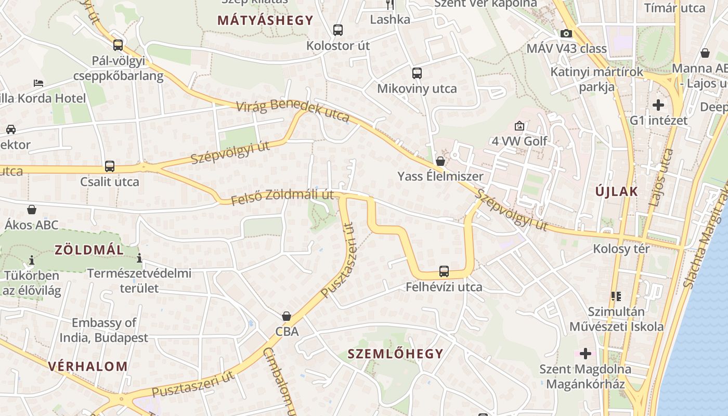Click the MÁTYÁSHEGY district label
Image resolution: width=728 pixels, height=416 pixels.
[x=265, y=21]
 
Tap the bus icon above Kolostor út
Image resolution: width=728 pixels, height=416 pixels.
[x=338, y=30]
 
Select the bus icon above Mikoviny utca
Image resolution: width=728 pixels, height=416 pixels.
[x=417, y=73]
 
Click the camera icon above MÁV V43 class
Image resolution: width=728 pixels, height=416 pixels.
[x=566, y=34]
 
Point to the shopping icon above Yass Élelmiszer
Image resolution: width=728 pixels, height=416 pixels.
[x=440, y=161]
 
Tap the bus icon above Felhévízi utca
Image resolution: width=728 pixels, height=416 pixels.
[x=444, y=271]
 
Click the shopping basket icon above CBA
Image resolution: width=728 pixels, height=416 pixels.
[x=286, y=316]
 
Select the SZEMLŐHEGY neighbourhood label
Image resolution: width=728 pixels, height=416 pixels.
[x=395, y=354]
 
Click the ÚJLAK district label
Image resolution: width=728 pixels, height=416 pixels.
[x=617, y=191]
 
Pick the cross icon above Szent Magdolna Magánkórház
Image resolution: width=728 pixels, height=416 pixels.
[x=586, y=354]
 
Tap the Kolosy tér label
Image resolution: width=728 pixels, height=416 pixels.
[x=621, y=249]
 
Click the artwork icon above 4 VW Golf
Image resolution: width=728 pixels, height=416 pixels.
[x=519, y=126]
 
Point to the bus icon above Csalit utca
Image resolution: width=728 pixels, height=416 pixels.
[x=110, y=166]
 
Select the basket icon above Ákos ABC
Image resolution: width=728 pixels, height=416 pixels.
[x=32, y=210]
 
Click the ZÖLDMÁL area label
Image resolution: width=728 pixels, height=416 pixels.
[x=89, y=250]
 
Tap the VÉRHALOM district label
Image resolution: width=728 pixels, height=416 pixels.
[x=88, y=366]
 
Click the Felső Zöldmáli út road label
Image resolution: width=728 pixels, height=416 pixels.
[x=282, y=197]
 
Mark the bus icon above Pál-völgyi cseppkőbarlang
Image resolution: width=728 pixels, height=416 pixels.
[x=118, y=45]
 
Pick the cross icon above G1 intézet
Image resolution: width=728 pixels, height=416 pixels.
[x=658, y=105]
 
